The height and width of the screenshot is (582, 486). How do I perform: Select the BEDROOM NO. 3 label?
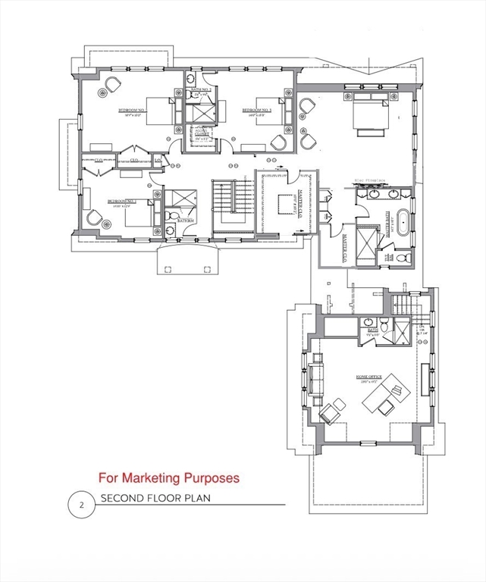point(258,111)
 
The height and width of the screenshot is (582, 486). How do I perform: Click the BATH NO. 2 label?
point(201,90)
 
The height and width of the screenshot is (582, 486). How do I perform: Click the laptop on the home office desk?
point(394,391)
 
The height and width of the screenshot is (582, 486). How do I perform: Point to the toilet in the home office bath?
point(384,326)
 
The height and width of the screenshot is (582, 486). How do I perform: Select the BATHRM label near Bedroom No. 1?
point(186,220)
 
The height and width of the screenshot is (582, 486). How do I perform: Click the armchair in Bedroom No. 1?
point(94,217)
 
